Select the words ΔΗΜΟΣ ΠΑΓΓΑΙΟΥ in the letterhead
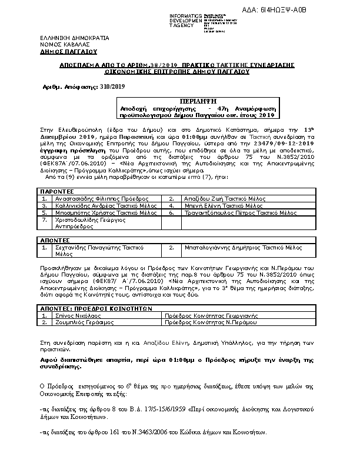click(56, 51)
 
